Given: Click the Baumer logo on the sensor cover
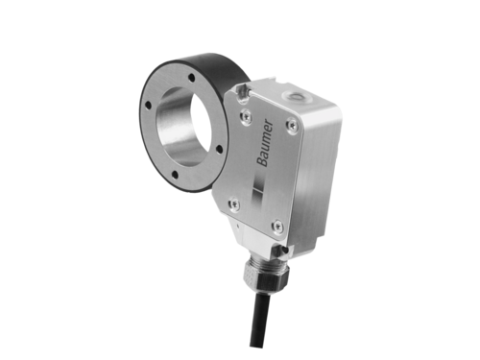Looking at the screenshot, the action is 266,143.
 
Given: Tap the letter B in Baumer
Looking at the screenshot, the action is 262,162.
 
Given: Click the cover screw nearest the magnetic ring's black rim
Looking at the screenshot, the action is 246,116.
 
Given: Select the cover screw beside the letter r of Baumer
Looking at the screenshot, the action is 292,124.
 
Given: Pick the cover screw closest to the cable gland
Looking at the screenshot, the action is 277,227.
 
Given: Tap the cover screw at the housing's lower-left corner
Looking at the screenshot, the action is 234,204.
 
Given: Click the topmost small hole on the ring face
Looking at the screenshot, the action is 192,78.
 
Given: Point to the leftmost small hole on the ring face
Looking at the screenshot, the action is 148,105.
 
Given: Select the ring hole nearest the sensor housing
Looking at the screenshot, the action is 219,149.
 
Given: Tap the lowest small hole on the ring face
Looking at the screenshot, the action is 175,175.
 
